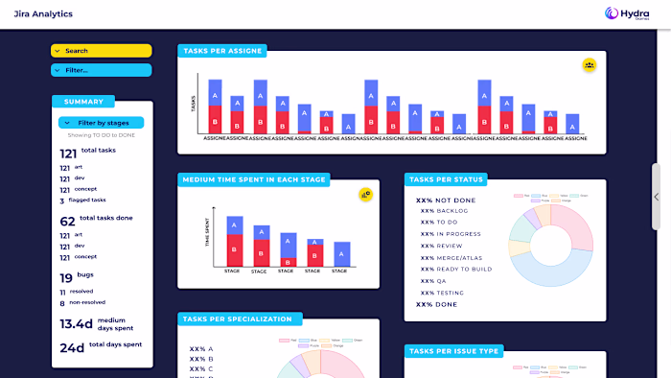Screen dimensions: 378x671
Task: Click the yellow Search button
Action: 101,51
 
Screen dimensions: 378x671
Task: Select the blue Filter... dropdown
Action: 101,70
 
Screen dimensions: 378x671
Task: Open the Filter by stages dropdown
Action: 101,123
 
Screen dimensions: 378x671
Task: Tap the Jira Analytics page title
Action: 43,14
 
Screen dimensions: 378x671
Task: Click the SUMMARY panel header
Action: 83,102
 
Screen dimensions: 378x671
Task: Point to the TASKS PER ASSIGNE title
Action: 221,51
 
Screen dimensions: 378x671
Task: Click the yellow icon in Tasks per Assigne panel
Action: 590,65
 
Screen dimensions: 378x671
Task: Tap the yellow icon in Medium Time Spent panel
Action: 365,194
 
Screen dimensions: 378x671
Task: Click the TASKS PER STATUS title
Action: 447,179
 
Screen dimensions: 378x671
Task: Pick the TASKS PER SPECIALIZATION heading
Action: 241,319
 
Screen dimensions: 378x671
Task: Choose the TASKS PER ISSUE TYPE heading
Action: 454,351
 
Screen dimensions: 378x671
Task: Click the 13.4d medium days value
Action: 76,324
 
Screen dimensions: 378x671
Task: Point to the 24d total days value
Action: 72,347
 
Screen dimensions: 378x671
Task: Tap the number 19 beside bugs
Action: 67,277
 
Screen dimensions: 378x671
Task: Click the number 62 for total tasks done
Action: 67,221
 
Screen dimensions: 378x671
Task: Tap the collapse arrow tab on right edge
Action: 657,197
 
